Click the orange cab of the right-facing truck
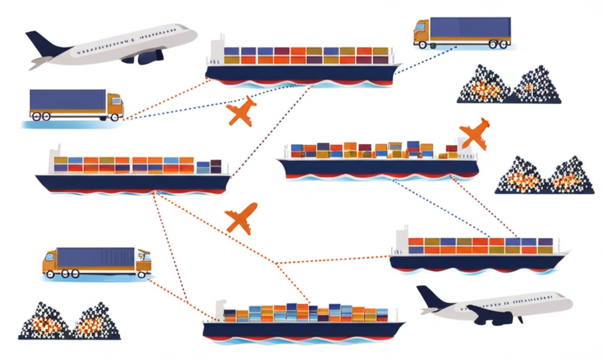(x=115, y=104)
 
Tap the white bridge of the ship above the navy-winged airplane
(x=402, y=239)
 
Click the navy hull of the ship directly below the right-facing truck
(x=132, y=182)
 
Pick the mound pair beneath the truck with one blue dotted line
(x=509, y=86)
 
